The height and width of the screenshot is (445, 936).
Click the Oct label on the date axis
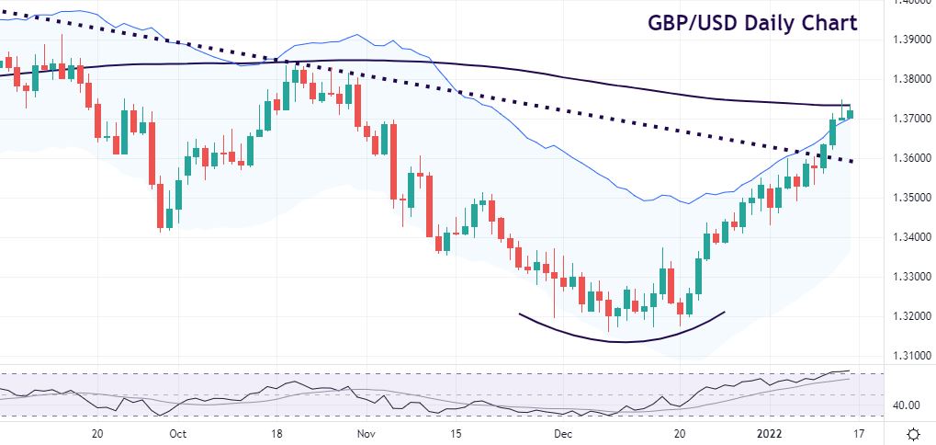click(x=178, y=433)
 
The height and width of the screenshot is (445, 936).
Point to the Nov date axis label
click(x=366, y=433)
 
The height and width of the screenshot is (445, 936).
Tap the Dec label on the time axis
click(x=563, y=433)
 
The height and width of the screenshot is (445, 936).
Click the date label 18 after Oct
click(x=276, y=433)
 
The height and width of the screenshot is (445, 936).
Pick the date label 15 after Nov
click(x=457, y=433)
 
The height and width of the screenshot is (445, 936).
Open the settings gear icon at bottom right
click(x=913, y=433)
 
